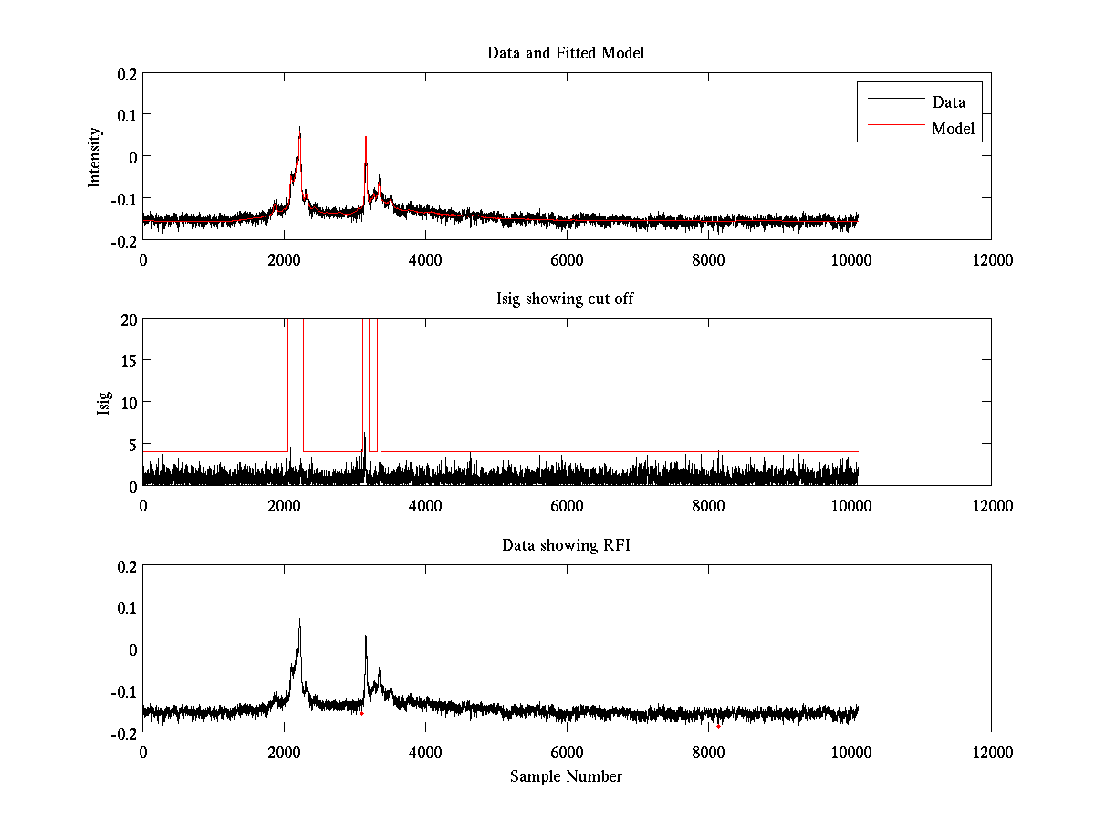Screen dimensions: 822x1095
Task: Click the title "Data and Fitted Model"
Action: click(566, 53)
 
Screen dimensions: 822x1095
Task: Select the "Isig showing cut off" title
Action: click(566, 300)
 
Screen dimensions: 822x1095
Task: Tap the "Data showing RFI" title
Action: click(566, 546)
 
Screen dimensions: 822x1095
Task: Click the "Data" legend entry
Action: click(948, 101)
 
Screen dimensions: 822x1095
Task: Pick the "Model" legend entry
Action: click(953, 129)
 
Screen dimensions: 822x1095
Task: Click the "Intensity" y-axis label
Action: click(95, 157)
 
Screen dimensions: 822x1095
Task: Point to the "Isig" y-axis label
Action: click(105, 402)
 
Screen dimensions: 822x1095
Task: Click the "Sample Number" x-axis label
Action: click(566, 777)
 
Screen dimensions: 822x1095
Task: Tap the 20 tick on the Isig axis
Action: click(128, 319)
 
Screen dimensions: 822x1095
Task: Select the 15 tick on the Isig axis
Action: click(128, 361)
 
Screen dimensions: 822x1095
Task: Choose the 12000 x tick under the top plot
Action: click(991, 259)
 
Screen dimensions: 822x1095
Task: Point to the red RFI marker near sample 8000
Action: click(718, 726)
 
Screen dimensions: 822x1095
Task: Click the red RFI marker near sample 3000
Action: click(361, 713)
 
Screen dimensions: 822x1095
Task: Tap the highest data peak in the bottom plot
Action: click(299, 619)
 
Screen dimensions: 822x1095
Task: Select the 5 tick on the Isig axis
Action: click(131, 444)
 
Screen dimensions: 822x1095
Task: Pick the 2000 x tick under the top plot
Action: click(284, 259)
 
